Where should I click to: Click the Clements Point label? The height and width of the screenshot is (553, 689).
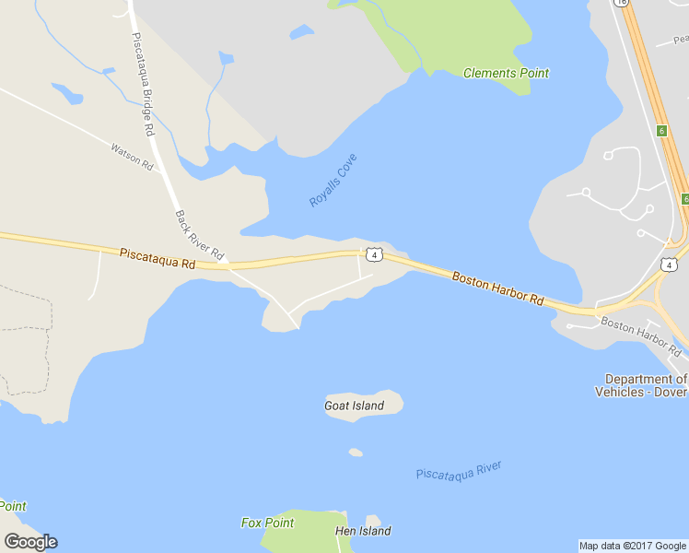tap(506, 73)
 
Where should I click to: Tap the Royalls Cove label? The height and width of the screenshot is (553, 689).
tap(333, 181)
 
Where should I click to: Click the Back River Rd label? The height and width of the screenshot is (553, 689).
tap(199, 234)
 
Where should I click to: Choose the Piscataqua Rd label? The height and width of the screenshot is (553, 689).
tap(158, 258)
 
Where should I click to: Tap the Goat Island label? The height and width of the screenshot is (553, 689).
tap(354, 406)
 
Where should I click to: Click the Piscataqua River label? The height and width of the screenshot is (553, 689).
tap(459, 471)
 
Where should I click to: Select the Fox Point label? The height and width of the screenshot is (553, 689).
tap(267, 523)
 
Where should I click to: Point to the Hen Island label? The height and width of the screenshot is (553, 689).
tap(363, 531)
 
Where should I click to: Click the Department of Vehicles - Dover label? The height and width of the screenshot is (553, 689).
tap(646, 385)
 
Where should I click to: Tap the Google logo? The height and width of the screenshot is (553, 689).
tap(30, 542)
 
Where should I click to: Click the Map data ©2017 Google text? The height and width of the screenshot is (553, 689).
tap(633, 546)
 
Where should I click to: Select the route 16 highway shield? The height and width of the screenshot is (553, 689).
tap(623, 3)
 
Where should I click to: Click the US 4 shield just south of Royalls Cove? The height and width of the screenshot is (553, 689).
tap(373, 253)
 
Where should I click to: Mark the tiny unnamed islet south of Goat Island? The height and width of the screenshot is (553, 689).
tap(356, 453)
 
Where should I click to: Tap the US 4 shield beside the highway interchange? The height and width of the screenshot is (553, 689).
tap(669, 265)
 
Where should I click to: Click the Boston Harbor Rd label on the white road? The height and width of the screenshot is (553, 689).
tap(640, 336)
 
